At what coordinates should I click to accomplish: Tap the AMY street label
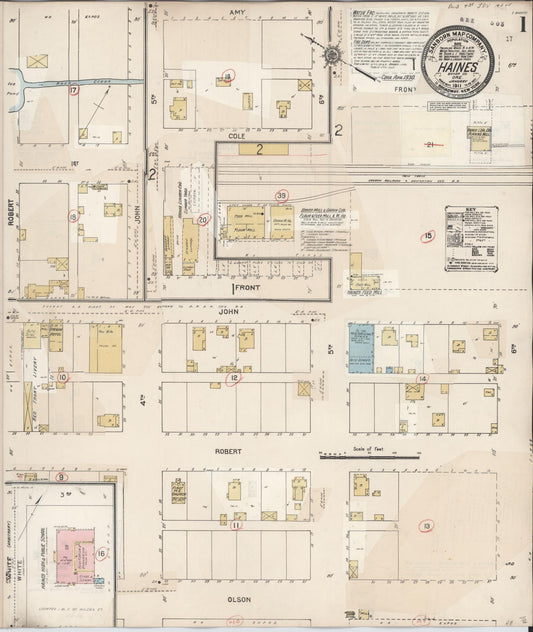click(x=237, y=13)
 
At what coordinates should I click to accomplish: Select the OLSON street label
click(x=238, y=599)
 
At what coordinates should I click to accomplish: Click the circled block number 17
click(x=74, y=91)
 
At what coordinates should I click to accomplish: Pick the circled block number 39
click(x=282, y=195)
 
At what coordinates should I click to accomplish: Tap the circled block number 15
click(x=428, y=236)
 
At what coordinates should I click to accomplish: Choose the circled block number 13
click(x=426, y=525)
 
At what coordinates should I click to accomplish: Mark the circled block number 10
click(x=63, y=377)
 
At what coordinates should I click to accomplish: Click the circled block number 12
click(x=233, y=378)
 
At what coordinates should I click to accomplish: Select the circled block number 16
click(x=100, y=553)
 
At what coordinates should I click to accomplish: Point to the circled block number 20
click(x=203, y=219)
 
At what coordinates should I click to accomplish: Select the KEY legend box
click(x=469, y=238)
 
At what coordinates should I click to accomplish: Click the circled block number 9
click(x=61, y=477)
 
